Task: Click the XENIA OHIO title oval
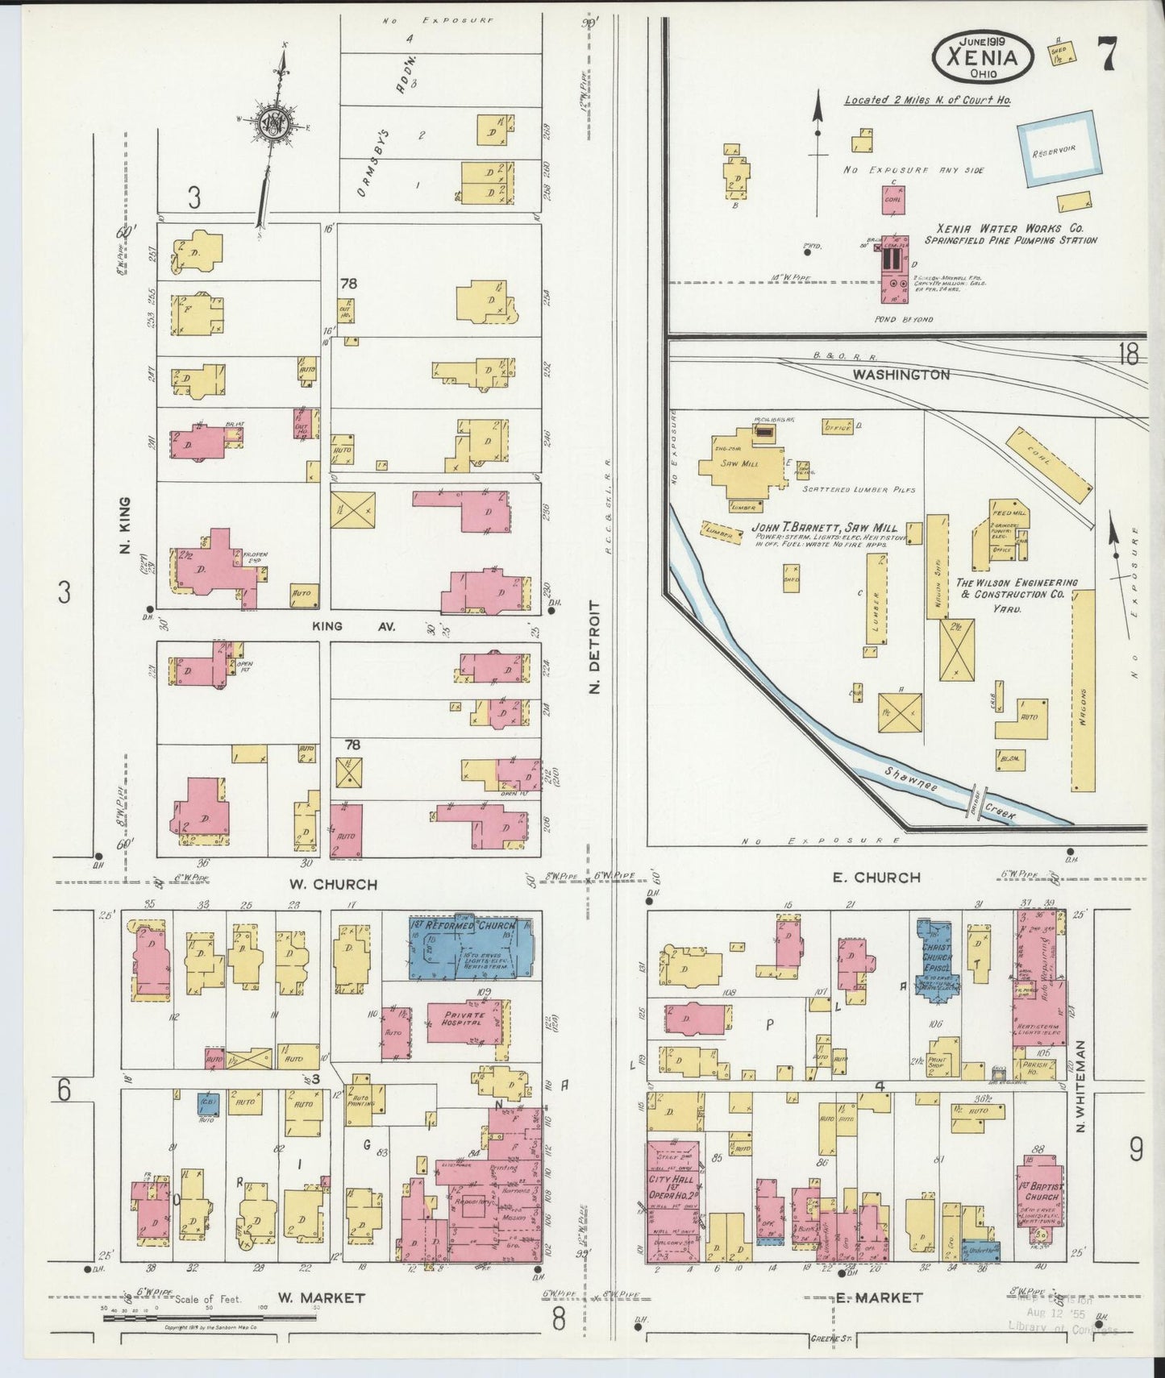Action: click(x=981, y=57)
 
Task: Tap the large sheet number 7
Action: click(x=1106, y=56)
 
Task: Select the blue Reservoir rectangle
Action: click(x=1059, y=151)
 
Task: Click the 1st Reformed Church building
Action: click(x=471, y=946)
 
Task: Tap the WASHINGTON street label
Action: click(x=901, y=375)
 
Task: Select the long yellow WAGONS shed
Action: click(x=1084, y=691)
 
